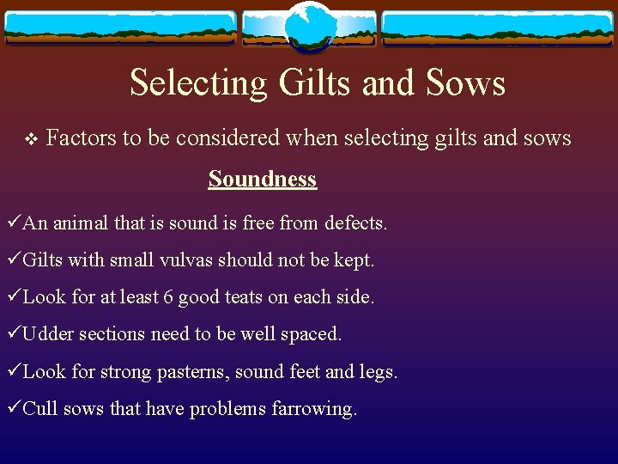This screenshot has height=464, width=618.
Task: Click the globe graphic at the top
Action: click(x=309, y=26)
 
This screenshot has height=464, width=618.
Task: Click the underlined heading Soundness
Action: click(x=262, y=179)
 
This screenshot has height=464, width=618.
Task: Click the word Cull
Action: click(x=39, y=409)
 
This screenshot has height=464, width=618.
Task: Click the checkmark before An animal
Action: click(x=10, y=223)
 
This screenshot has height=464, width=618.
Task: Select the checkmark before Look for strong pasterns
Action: click(x=10, y=372)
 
